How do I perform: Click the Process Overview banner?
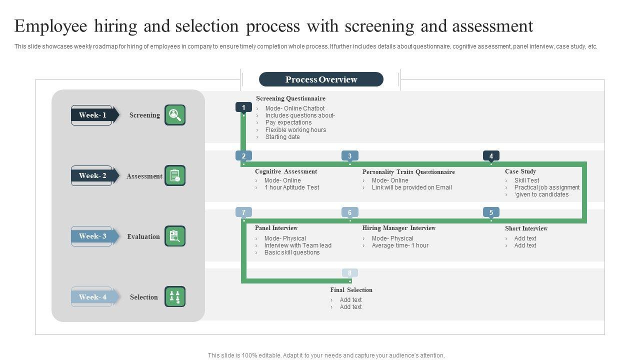[x=321, y=79]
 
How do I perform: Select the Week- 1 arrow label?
[x=93, y=115]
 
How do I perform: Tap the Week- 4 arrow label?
[x=93, y=297]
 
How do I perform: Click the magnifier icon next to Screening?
[x=175, y=115]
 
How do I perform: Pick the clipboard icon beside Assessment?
[x=175, y=175]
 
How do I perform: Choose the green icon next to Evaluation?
[x=175, y=236]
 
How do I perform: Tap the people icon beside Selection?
[x=175, y=296]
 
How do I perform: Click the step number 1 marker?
[x=243, y=107]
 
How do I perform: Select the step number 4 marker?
[x=491, y=156]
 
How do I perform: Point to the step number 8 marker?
[x=349, y=273]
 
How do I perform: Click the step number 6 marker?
[x=349, y=212]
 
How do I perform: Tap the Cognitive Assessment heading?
[x=285, y=171]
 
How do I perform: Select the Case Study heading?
[x=520, y=171]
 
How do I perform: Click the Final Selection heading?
[x=351, y=290]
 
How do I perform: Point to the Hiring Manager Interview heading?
[x=398, y=228]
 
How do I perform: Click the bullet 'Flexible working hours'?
[x=295, y=130]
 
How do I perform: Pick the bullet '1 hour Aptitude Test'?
[x=291, y=187]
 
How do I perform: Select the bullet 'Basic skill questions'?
[x=292, y=252]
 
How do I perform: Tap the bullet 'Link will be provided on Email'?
[x=411, y=187]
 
